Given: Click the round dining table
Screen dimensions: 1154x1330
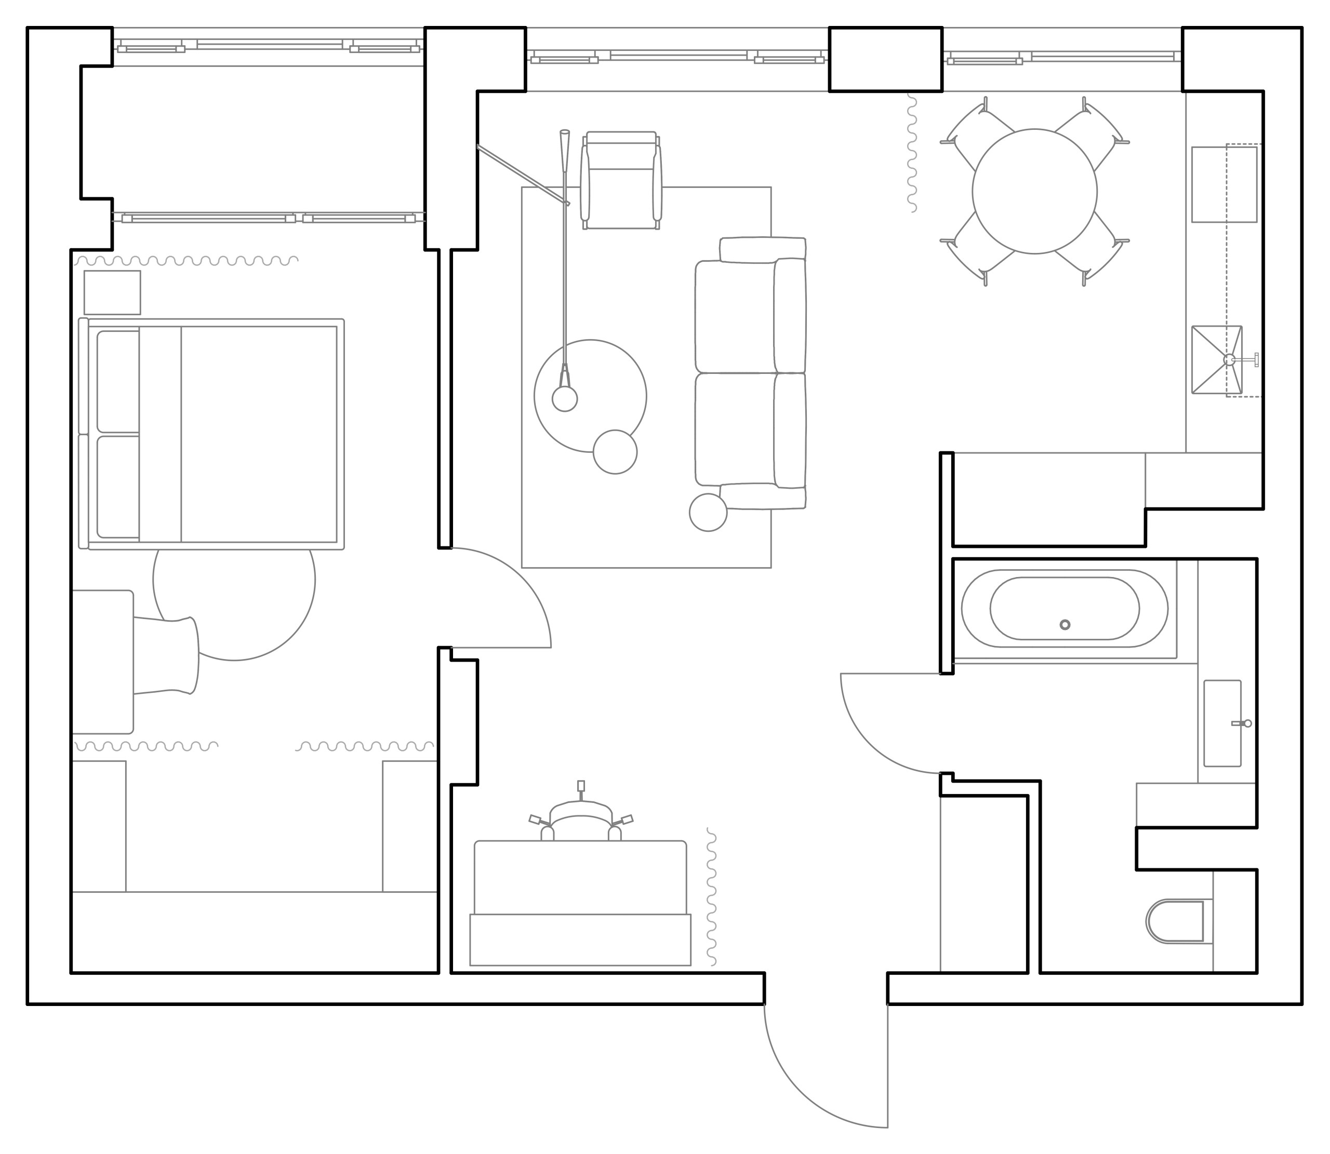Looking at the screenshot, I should tap(1034, 191).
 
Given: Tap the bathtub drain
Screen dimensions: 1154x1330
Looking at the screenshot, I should tap(1065, 625).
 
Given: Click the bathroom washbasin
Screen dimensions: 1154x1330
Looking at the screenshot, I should tap(1222, 723).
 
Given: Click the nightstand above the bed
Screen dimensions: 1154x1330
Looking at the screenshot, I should tap(112, 292).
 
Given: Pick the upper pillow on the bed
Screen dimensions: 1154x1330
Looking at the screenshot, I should tap(118, 381).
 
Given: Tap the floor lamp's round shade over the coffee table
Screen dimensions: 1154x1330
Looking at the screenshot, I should tap(565, 399).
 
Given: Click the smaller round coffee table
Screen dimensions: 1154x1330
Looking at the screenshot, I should tap(615, 452).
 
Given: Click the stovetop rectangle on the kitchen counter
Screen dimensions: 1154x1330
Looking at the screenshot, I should tap(1223, 184).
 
